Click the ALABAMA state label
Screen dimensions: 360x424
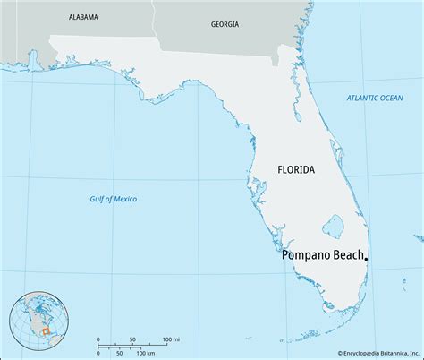coord(83,17)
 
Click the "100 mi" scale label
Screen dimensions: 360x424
coord(171,339)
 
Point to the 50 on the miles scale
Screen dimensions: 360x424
coord(132,339)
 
